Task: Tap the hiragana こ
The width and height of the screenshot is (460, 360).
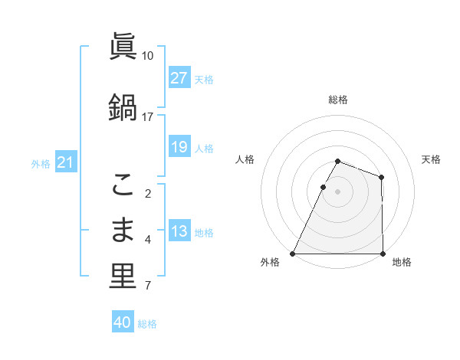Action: click(123, 184)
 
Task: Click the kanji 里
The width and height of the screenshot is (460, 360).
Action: click(123, 277)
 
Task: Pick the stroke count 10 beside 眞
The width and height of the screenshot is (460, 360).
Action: click(147, 56)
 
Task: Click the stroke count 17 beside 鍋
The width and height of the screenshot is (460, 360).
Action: click(147, 116)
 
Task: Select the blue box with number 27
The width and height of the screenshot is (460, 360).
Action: click(179, 78)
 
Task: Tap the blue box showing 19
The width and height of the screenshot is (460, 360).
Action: click(179, 147)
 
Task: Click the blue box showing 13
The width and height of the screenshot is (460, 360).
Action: click(179, 232)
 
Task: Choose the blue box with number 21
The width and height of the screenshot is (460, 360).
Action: click(66, 162)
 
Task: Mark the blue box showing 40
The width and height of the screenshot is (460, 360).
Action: click(123, 322)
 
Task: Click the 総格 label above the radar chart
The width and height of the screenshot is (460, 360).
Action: click(338, 100)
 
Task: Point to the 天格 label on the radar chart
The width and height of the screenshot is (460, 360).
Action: click(431, 159)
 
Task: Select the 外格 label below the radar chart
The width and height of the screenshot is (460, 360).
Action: click(270, 263)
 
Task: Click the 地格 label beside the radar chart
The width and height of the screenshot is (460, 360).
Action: click(402, 263)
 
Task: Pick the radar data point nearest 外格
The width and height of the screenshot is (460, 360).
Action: click(293, 254)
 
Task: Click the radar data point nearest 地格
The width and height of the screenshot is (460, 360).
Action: click(383, 254)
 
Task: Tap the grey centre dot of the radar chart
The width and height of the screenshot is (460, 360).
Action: click(338, 191)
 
